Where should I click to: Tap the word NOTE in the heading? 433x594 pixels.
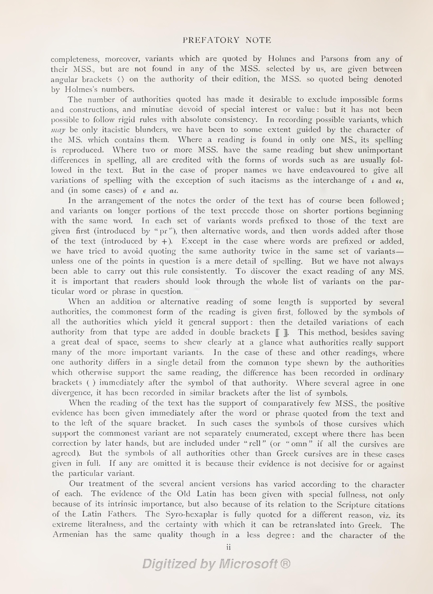(x=258, y=40)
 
